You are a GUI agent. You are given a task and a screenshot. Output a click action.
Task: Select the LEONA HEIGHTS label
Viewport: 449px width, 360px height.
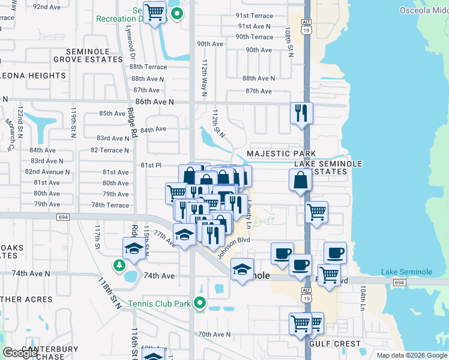coord(33,76)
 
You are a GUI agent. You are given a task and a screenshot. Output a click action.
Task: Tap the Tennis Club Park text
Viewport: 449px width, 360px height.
coord(159,304)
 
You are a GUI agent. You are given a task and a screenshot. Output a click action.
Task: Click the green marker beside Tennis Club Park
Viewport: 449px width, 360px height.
coord(202,303)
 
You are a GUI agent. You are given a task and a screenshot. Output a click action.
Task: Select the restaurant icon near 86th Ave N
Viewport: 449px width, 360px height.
coord(301,113)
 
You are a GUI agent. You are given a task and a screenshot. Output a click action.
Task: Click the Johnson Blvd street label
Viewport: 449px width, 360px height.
coord(233,247)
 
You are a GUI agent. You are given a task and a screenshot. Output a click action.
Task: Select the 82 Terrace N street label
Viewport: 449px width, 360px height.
coord(109,150)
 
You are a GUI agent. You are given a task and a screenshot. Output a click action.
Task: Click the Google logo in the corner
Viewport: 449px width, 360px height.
coord(20,353)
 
